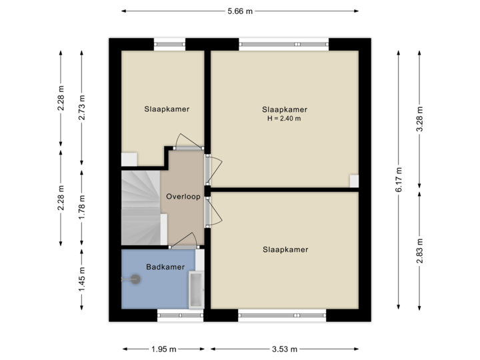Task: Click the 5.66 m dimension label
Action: [241, 11]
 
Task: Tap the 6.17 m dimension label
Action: [399, 180]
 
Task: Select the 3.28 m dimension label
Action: [419, 119]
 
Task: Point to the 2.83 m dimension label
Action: [419, 251]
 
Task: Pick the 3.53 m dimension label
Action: [285, 349]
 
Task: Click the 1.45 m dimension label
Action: [82, 279]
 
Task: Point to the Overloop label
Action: [183, 197]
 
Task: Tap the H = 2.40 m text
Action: [285, 119]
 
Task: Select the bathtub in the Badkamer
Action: [196, 289]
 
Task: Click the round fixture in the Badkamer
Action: [137, 281]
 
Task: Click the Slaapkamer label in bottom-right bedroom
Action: [285, 250]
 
